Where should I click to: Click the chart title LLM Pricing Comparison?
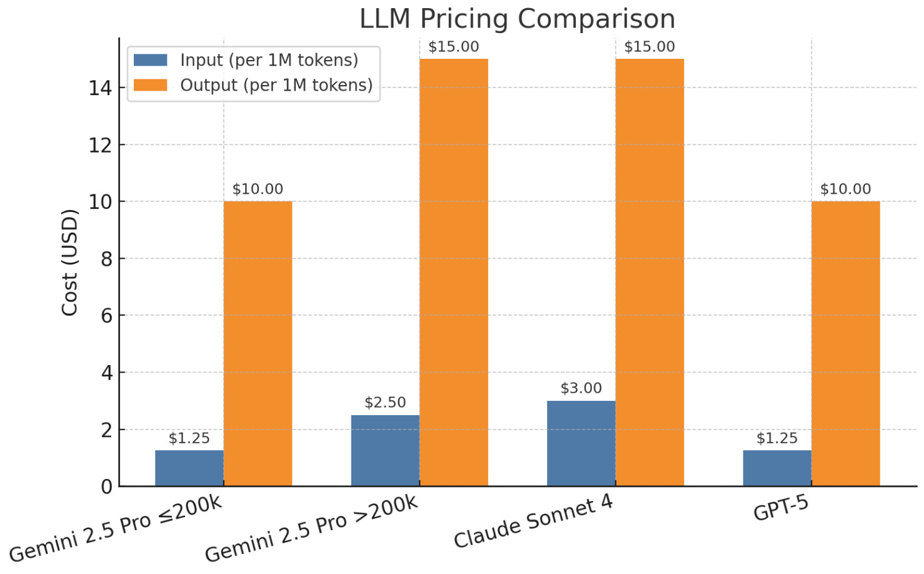[x=517, y=19]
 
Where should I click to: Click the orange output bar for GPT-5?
[x=845, y=343]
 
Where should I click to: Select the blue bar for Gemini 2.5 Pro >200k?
[x=385, y=450]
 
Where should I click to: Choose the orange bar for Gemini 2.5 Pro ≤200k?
[x=258, y=343]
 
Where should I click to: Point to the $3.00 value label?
[x=581, y=388]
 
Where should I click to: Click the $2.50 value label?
[x=385, y=403]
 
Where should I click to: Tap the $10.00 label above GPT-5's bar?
[x=845, y=189]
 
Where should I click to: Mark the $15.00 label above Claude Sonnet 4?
[x=650, y=47]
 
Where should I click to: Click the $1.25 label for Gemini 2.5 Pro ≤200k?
[x=189, y=438]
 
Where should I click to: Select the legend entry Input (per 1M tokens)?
[x=269, y=60]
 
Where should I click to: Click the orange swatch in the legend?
[x=151, y=85]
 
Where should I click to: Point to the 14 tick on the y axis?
[x=100, y=88]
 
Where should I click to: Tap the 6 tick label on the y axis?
[x=106, y=316]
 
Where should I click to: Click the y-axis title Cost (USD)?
[x=69, y=263]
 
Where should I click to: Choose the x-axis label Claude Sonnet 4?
[x=533, y=522]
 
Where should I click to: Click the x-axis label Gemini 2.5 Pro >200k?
[x=311, y=529]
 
